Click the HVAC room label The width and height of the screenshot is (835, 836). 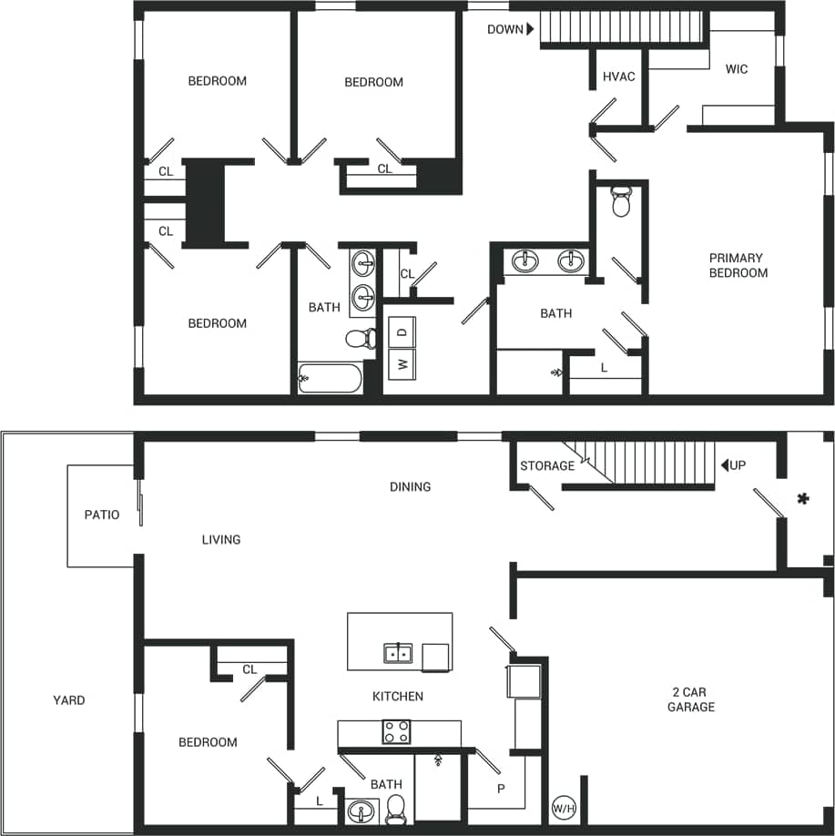pos(619,77)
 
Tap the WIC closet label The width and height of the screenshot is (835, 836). pos(737,69)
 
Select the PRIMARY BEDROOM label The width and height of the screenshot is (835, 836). pos(738,266)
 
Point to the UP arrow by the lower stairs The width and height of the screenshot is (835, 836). pos(726,465)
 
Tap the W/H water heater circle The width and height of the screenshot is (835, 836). pos(564,808)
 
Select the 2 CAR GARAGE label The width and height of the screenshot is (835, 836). pos(691,699)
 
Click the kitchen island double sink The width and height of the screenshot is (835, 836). pos(397,653)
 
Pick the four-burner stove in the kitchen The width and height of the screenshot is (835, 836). pos(396,731)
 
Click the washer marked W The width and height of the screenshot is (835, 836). pos(402,364)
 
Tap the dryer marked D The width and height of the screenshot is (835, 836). pos(402,332)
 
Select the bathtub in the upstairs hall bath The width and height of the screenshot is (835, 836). pos(331,378)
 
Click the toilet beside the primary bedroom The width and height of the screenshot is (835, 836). pos(622,202)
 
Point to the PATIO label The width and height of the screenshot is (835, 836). pos(102,515)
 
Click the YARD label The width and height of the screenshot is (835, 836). pos(69,700)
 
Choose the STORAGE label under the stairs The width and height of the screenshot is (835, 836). pos(547,466)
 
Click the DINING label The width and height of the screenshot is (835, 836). pos(410,487)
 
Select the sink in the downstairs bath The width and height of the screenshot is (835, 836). pos(362,810)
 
